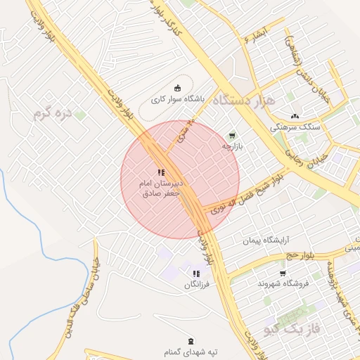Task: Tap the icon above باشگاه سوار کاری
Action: coord(178,88)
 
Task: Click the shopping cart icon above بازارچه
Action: coord(232,135)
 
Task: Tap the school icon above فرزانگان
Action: coord(195,274)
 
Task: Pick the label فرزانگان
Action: coord(196,285)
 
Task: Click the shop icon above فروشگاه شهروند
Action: coord(283,273)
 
